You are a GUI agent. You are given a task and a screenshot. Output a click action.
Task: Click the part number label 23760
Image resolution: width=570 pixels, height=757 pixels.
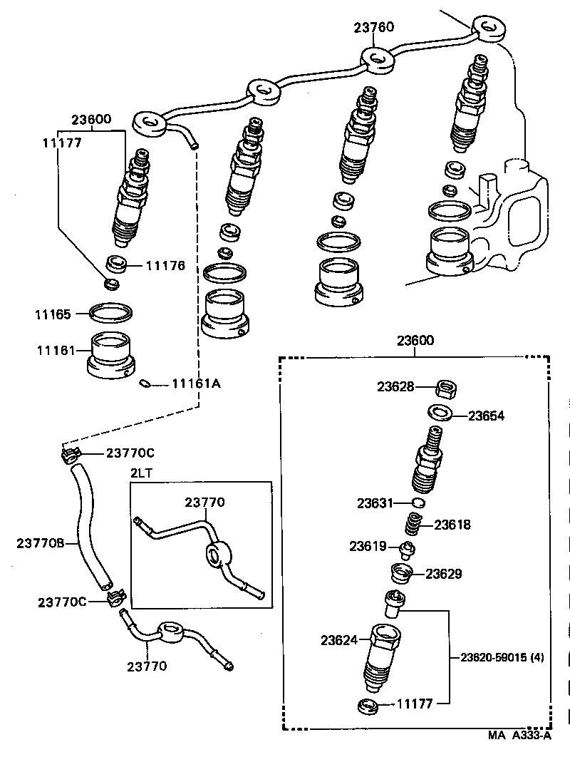(374, 28)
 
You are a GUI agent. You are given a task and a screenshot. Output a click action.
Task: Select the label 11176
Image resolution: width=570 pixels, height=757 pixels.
(165, 266)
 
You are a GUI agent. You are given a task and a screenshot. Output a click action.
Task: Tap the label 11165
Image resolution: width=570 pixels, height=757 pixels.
(54, 313)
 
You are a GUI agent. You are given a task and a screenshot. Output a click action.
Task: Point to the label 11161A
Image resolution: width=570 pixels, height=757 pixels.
(196, 383)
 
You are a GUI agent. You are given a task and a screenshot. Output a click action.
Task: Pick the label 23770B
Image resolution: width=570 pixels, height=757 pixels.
(41, 543)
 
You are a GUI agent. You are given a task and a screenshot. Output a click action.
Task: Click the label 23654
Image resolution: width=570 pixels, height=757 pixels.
(486, 416)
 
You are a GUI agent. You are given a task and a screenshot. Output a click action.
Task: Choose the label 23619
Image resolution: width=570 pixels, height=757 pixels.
(368, 547)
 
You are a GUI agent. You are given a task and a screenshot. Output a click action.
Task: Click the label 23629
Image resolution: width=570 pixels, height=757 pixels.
(445, 573)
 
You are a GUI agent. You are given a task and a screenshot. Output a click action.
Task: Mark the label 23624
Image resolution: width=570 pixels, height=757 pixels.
(339, 641)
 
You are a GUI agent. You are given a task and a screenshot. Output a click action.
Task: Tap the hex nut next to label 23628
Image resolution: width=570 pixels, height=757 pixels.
(445, 389)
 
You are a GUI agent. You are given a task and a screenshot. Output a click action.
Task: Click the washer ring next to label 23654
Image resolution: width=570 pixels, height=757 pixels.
(439, 413)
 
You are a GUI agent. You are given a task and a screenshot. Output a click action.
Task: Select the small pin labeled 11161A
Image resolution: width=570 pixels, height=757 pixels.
(145, 383)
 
